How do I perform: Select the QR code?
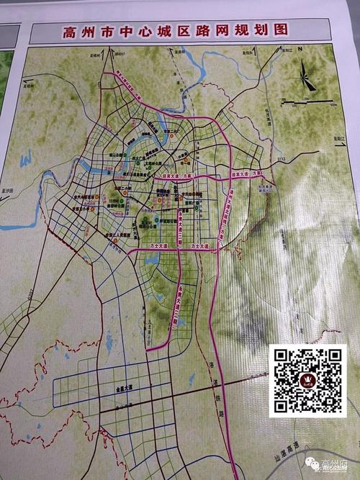pyautogui.click(x=307, y=380)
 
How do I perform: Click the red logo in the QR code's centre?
pyautogui.click(x=307, y=380)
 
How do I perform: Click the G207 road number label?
pyautogui.click(x=30, y=291)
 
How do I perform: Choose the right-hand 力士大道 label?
pyautogui.click(x=199, y=246)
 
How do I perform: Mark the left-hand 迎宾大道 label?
pyautogui.click(x=176, y=174)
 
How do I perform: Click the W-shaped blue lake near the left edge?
pyautogui.click(x=26, y=160)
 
